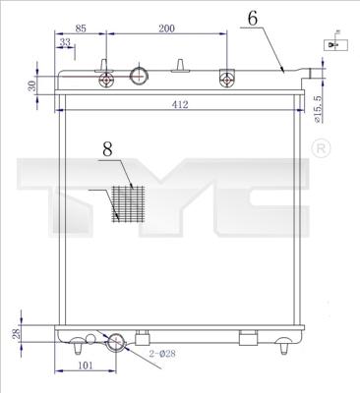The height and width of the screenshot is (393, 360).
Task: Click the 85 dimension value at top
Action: pos(81,29)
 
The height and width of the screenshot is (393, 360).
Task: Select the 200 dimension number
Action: pos(166,29)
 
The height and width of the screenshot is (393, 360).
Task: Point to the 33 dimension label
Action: pos(66,42)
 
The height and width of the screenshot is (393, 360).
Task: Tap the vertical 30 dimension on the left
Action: pos(32,85)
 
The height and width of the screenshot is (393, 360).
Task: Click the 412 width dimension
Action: pos(179,104)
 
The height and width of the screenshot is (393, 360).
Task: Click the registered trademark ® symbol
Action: pos(321,147)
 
